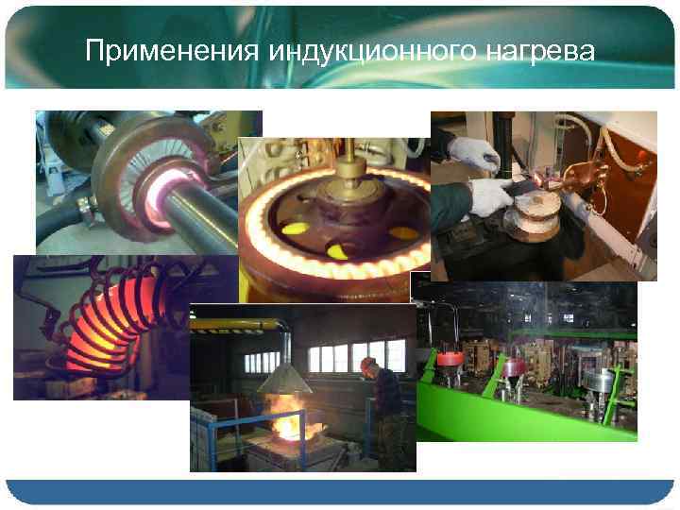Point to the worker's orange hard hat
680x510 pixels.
[x=367, y=363]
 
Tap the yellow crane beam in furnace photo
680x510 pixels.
[x=236, y=324]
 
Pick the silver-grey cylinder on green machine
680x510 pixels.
[x=599, y=379]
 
